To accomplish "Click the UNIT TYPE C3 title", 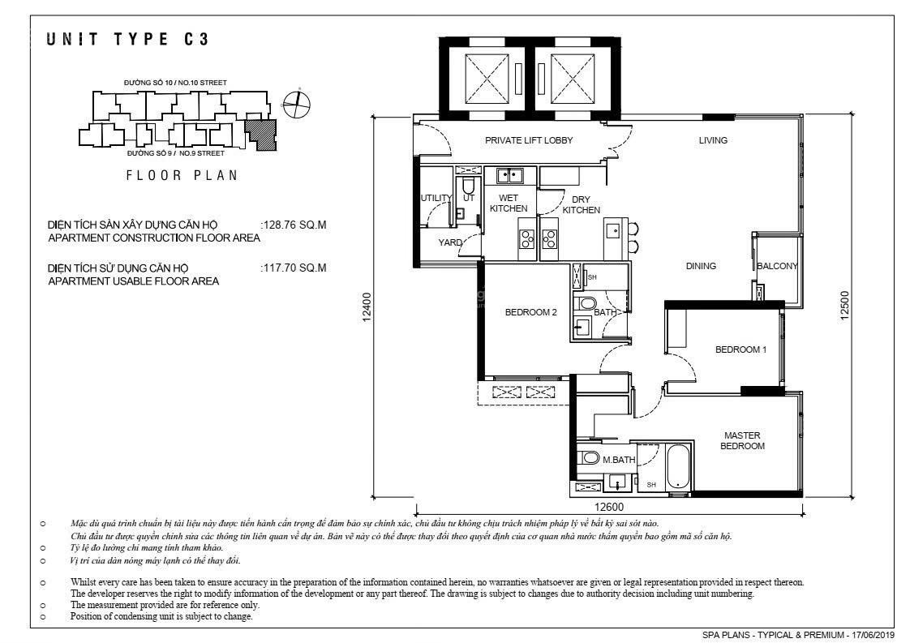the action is pyautogui.click(x=127, y=40).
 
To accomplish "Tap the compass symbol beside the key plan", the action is pyautogui.click(x=297, y=105).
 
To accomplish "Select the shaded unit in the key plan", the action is pyautogui.click(x=260, y=135).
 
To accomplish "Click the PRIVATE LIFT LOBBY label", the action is pyautogui.click(x=529, y=140).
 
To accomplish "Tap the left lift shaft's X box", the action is pyautogui.click(x=487, y=79).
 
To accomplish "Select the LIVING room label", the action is pyautogui.click(x=713, y=140).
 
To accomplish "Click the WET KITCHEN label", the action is pyautogui.click(x=509, y=203).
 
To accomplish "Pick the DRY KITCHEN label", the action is pyautogui.click(x=581, y=205).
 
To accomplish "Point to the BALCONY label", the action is pyautogui.click(x=777, y=267).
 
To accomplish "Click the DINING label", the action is pyautogui.click(x=701, y=267).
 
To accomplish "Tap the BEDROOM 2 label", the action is pyautogui.click(x=530, y=312).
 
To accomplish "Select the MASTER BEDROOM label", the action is pyautogui.click(x=742, y=440).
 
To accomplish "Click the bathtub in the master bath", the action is pyautogui.click(x=677, y=467).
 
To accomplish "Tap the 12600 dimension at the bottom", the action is pyautogui.click(x=609, y=507).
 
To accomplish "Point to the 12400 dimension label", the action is pyautogui.click(x=367, y=307).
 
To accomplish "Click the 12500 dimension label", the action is pyautogui.click(x=843, y=305).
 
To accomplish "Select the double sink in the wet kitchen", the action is pyautogui.click(x=509, y=175).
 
